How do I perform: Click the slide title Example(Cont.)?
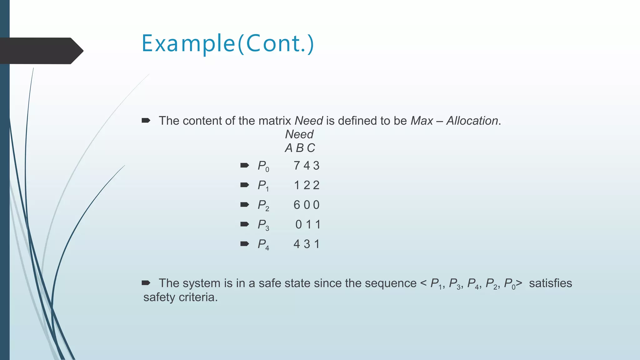click(227, 44)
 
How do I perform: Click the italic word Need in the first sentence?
click(308, 121)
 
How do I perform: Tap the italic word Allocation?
click(472, 121)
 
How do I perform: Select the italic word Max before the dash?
click(422, 121)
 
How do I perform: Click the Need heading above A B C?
click(299, 134)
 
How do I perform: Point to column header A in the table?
click(288, 148)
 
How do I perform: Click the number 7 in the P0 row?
click(297, 166)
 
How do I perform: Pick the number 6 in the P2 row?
click(297, 205)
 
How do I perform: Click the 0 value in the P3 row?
click(298, 225)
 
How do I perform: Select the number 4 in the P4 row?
click(297, 244)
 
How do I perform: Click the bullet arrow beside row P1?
click(244, 185)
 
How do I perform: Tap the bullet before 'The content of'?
click(146, 120)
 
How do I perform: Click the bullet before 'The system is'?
click(146, 283)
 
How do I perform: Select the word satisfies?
click(550, 283)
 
